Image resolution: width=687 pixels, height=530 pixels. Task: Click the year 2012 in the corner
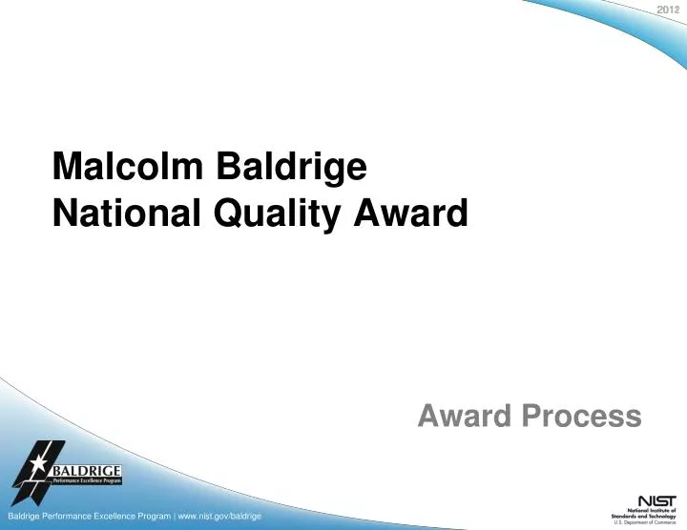click(669, 10)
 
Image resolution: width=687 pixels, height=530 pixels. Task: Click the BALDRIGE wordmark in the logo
click(87, 470)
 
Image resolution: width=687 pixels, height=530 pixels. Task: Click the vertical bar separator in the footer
click(173, 516)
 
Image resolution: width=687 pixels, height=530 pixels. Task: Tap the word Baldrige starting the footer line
click(25, 516)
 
